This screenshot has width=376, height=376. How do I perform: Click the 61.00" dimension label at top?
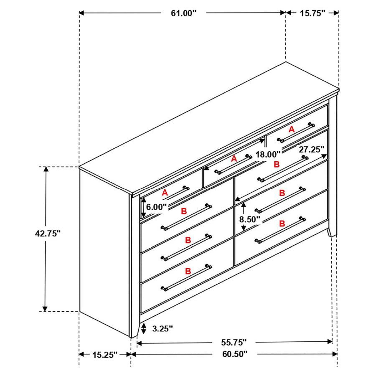(x=183, y=13)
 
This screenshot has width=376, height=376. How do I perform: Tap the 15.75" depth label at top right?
(x=312, y=13)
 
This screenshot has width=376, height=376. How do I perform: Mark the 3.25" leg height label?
(x=163, y=328)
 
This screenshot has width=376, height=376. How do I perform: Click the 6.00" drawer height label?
(x=156, y=206)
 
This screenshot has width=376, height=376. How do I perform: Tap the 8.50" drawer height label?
(x=250, y=218)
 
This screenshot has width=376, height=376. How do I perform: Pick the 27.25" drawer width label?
(x=310, y=149)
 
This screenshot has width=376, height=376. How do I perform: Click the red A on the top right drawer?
(x=291, y=130)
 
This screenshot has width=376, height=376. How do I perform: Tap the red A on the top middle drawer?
(x=234, y=159)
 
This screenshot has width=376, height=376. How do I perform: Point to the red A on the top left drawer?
(x=165, y=193)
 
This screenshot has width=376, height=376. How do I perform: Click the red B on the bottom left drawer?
(x=188, y=271)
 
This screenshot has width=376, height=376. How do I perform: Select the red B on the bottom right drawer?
(x=282, y=224)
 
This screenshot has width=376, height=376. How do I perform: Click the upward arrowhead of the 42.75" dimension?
(x=46, y=170)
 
